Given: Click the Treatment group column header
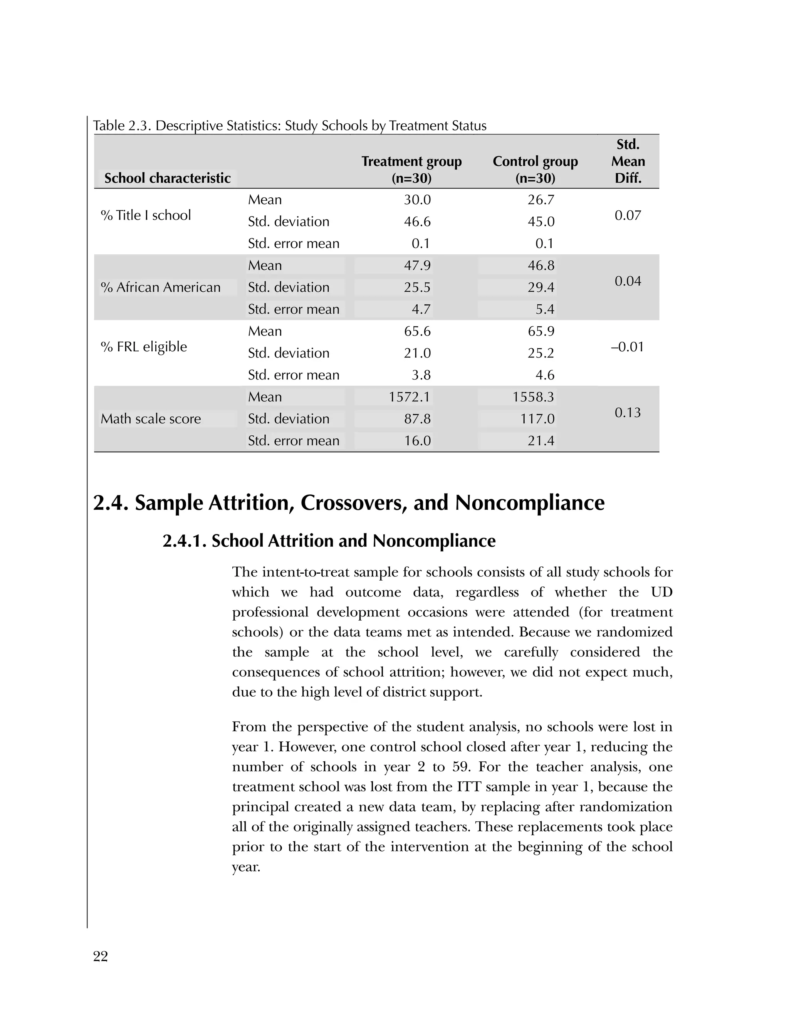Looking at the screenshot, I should pos(411,169).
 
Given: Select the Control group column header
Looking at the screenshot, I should pos(535,169).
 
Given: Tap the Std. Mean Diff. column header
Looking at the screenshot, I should pos(628,161).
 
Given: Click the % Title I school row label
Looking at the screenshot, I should pos(146,215).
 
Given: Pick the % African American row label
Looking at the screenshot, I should pos(160,287).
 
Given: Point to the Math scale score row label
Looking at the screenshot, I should pos(151,418).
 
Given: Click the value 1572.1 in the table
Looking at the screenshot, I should pos(410,397).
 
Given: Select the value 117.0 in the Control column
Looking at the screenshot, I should pos(537,418).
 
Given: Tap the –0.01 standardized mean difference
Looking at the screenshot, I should pos(627,347).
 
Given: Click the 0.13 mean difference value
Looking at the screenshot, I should pos(627,412).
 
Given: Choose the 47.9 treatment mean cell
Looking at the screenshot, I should pos(417,265).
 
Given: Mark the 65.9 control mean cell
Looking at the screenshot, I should pos(541,331).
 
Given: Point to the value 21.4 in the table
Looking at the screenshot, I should pos(541,440).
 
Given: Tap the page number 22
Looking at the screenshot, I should pos(101,957).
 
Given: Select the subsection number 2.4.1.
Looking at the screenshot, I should pos(185,541).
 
